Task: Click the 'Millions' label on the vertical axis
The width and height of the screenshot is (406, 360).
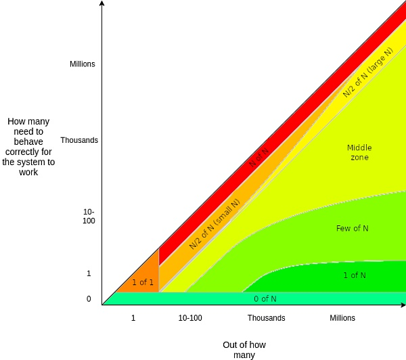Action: click(x=83, y=64)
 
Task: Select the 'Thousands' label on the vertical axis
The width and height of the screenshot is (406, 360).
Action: click(x=79, y=140)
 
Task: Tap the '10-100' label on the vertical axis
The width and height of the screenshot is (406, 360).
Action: click(x=89, y=217)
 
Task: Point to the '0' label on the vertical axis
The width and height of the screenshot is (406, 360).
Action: click(x=89, y=299)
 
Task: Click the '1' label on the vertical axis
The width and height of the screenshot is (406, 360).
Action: click(x=89, y=273)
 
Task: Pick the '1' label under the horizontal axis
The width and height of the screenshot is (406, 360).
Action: click(x=133, y=318)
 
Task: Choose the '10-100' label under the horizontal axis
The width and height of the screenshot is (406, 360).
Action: click(x=190, y=318)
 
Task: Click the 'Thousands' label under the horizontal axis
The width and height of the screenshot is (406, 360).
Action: click(x=266, y=318)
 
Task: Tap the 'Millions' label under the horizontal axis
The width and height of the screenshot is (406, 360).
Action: click(x=342, y=318)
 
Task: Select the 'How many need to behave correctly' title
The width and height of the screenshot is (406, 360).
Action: click(x=28, y=147)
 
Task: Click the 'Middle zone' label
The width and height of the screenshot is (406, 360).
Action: click(x=359, y=152)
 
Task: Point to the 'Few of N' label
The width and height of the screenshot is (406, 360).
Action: click(x=352, y=229)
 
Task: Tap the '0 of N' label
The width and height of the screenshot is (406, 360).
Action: click(x=265, y=299)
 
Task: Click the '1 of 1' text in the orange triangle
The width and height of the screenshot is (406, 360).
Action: click(x=143, y=282)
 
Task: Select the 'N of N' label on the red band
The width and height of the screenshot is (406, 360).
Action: click(x=258, y=157)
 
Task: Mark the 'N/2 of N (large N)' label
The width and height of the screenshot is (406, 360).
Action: click(x=367, y=73)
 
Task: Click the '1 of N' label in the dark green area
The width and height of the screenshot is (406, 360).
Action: click(x=355, y=275)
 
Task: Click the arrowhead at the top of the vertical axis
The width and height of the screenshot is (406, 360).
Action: click(x=101, y=3)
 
